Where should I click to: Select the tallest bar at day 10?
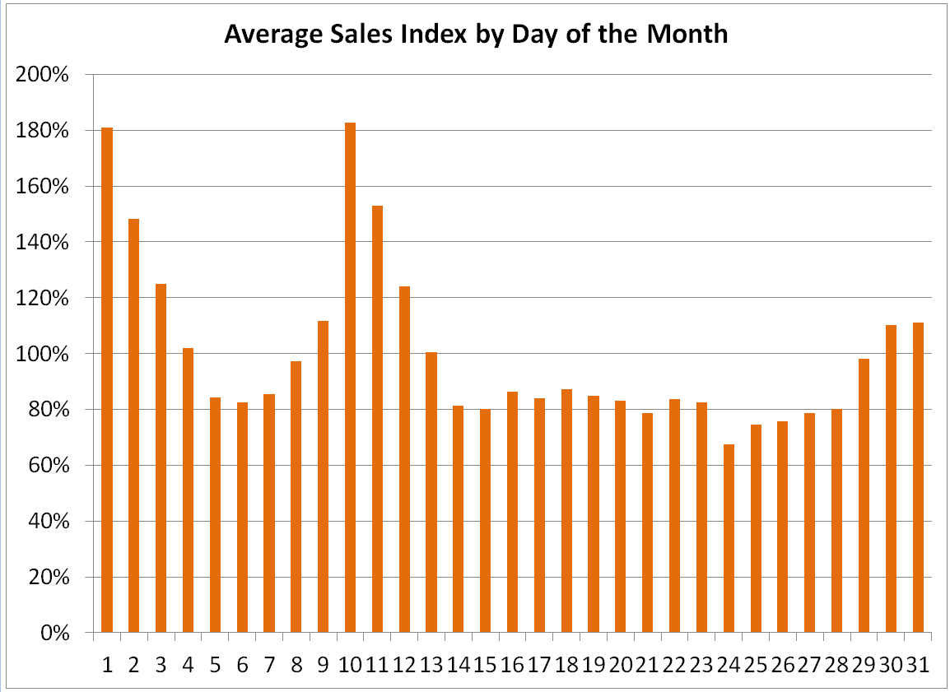[351, 378]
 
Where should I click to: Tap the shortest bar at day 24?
[729, 538]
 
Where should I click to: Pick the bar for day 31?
[918, 477]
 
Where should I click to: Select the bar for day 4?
[188, 490]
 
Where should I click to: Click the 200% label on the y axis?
[41, 75]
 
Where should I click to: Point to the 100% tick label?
[41, 354]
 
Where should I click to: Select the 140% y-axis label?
[41, 242]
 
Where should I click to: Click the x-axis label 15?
[486, 665]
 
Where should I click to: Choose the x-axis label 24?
[729, 665]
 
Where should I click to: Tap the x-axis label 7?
[269, 665]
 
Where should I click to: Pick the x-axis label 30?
[891, 665]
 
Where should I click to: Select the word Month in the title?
[687, 35]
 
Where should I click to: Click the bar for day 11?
[377, 419]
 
